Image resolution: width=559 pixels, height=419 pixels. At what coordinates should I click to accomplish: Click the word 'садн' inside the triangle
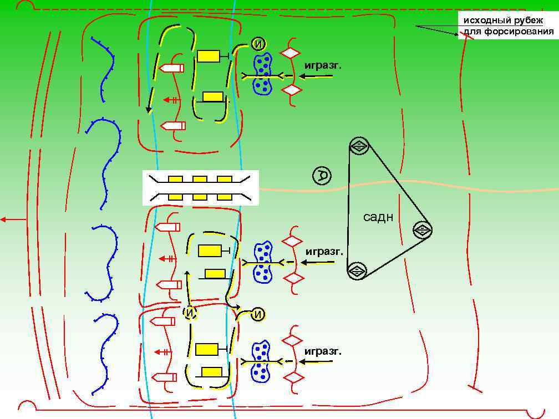click(378, 217)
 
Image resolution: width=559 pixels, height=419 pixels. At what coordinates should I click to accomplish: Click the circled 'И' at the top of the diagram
click(258, 44)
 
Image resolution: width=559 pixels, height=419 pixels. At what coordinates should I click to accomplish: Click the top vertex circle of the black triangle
click(359, 146)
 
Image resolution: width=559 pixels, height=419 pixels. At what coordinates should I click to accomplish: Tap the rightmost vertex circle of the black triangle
click(422, 229)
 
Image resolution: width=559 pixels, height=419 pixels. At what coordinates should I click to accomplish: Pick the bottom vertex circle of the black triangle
click(357, 271)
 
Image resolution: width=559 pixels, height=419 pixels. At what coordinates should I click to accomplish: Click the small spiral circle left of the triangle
click(322, 176)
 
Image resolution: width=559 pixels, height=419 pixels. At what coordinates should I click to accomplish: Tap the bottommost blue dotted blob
click(261, 362)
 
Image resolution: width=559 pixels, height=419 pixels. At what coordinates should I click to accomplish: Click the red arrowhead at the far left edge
click(4, 219)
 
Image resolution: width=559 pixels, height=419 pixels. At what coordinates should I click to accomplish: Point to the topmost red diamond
click(289, 53)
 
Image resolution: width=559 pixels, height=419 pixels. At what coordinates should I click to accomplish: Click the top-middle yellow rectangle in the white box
click(200, 180)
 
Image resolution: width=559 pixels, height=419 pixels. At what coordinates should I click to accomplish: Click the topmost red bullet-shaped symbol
click(171, 68)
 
